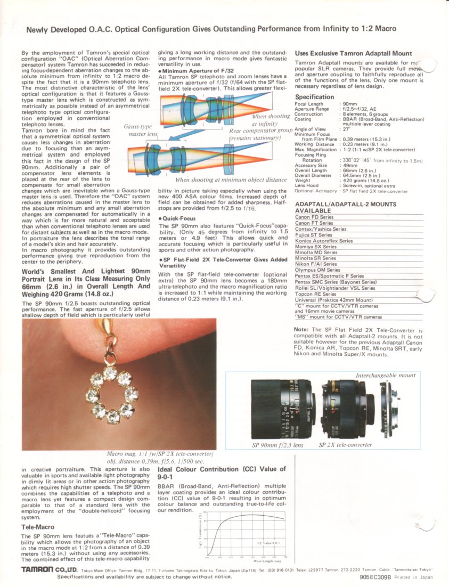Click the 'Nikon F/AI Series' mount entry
click(316, 264)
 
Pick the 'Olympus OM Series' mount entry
click(318, 270)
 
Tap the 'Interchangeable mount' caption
click(385, 376)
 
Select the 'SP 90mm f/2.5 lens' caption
click(277, 445)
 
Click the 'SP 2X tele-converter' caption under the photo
click(345, 445)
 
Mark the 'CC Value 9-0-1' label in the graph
click(268, 543)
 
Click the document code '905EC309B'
click(375, 577)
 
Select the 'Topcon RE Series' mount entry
click(316, 294)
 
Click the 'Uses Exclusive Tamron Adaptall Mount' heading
click(353, 53)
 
